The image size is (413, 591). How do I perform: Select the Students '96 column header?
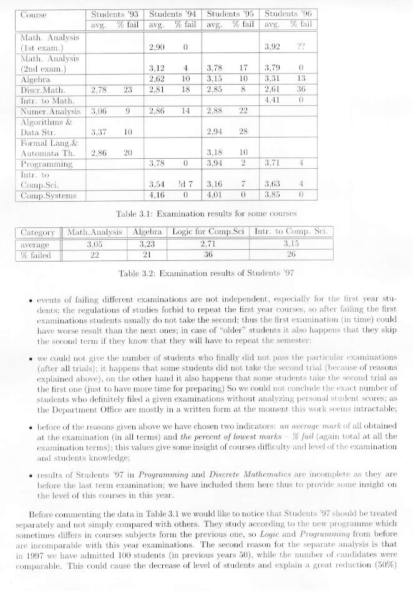(x=289, y=13)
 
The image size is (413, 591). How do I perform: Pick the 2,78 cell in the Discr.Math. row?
(x=100, y=89)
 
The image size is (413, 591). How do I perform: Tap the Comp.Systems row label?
(x=49, y=196)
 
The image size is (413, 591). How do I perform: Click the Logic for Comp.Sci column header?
(x=208, y=232)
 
